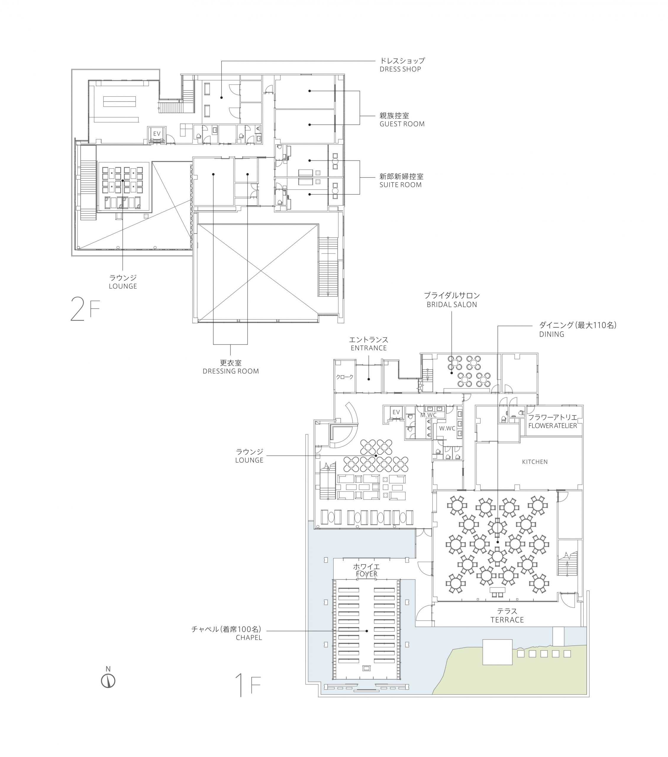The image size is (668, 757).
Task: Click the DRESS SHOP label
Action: click(400, 69)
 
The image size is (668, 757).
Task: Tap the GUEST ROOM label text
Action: click(402, 124)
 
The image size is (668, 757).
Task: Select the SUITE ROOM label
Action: click(401, 185)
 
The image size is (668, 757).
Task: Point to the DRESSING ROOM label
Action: click(230, 371)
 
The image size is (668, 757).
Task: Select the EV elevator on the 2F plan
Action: click(157, 133)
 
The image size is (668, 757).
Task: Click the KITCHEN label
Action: click(535, 462)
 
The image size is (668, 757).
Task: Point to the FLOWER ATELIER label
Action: click(552, 426)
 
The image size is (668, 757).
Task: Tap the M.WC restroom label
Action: click(428, 415)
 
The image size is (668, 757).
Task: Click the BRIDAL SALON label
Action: click(452, 305)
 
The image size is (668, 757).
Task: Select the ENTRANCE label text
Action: click(369, 348)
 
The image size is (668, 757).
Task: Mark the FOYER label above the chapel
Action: click(367, 574)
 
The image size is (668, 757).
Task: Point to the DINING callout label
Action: click(552, 334)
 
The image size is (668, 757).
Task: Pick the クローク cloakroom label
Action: click(345, 377)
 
